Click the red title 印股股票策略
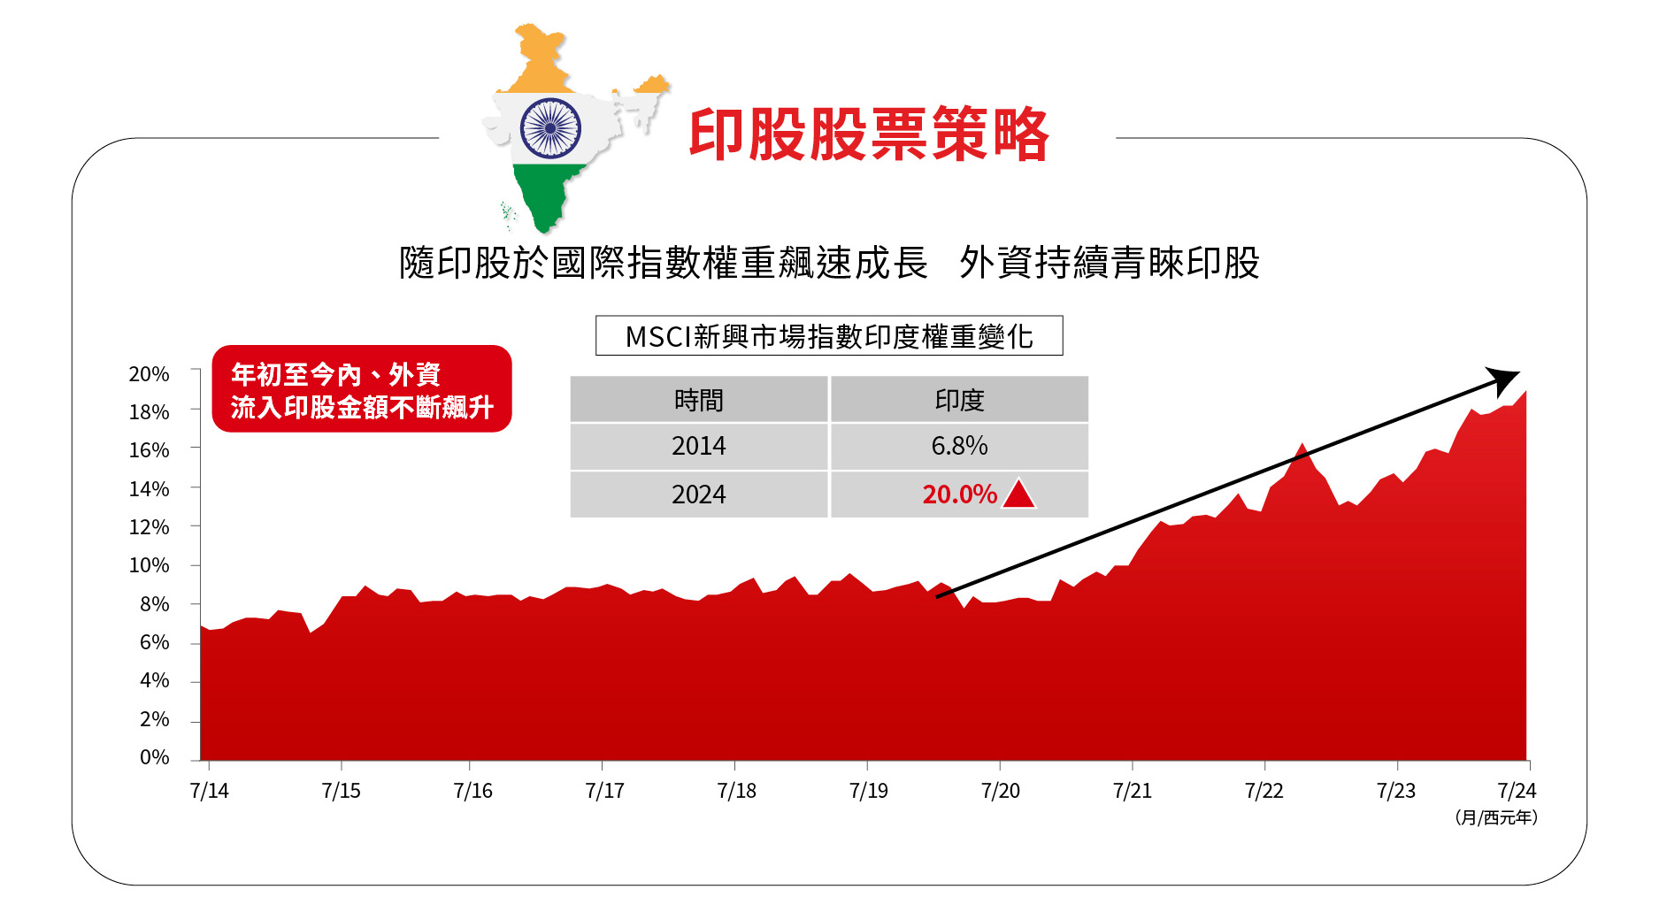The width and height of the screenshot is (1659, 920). [x=868, y=135]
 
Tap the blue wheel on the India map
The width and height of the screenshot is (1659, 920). [x=550, y=127]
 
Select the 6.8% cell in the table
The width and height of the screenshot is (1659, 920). [x=959, y=446]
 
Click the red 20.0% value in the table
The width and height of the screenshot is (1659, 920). [x=959, y=494]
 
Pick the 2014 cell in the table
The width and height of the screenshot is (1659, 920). [x=698, y=446]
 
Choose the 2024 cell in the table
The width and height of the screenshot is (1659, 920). [x=698, y=494]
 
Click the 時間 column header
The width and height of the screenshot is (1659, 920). [x=698, y=400]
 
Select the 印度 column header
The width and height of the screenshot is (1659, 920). [x=959, y=400]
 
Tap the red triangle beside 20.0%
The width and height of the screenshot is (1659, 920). [x=1019, y=494]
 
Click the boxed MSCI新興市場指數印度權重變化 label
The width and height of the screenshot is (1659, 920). [x=828, y=336]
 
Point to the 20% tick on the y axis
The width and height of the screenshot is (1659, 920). [x=149, y=374]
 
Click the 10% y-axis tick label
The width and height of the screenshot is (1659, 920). [x=149, y=565]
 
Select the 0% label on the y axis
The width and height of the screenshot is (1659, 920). [x=154, y=757]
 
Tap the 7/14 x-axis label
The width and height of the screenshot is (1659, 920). [x=209, y=791]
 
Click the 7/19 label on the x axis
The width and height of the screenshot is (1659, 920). [x=868, y=791]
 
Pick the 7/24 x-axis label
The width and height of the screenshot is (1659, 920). [x=1516, y=791]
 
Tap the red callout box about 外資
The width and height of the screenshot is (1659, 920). [x=362, y=389]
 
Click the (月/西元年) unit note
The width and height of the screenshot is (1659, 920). [x=1496, y=818]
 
